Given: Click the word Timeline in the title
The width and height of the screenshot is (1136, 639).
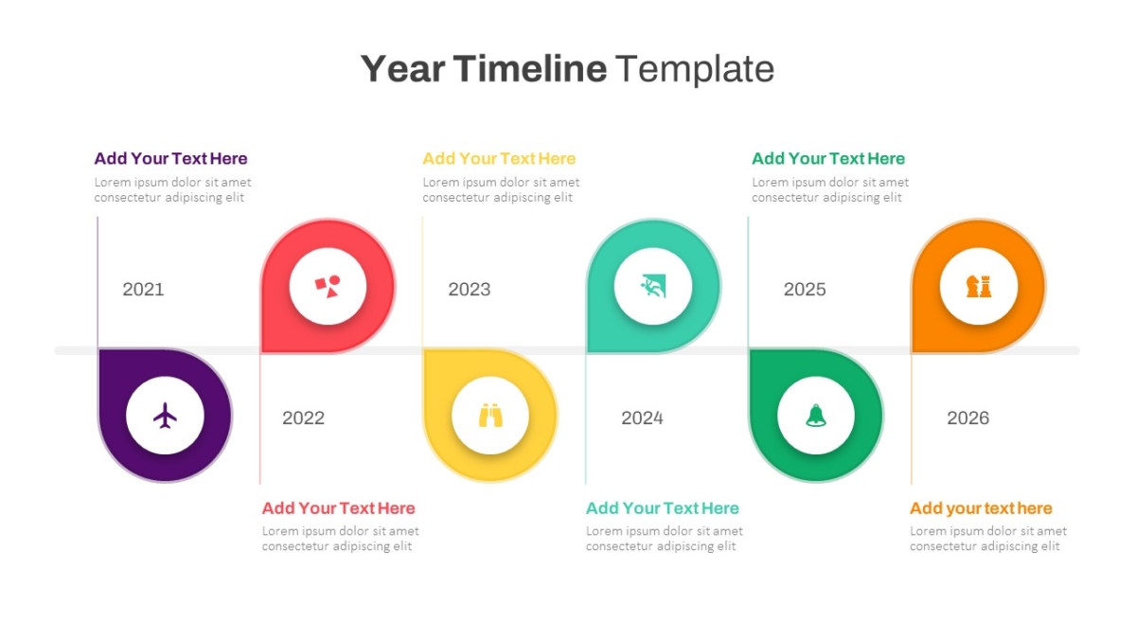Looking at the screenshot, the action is tap(529, 68).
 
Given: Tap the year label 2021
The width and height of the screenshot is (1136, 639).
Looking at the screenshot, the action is tap(143, 289).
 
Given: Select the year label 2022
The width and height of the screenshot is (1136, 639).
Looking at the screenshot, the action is tap(303, 417).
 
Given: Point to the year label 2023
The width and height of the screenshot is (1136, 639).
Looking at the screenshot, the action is tap(470, 289).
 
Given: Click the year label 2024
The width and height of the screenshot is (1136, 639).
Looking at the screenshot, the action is tap(642, 417).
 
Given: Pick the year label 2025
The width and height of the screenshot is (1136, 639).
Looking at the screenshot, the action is tap(805, 289).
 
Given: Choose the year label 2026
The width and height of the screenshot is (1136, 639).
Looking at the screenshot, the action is tap(968, 417).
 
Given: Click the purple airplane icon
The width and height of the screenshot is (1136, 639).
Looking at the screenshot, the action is tap(165, 416).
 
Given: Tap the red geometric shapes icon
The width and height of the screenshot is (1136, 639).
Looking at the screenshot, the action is tap(328, 287).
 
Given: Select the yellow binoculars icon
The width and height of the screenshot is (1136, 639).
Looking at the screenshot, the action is tap(490, 416).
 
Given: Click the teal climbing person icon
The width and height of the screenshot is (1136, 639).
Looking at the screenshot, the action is tap(653, 286).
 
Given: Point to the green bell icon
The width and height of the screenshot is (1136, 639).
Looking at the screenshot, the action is tap(816, 416).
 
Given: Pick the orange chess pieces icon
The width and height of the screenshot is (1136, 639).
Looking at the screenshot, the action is tap(979, 286).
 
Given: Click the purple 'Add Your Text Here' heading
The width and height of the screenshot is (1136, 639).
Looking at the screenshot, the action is tap(171, 159).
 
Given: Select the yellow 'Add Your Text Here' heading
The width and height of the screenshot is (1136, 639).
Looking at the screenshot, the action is tap(499, 159).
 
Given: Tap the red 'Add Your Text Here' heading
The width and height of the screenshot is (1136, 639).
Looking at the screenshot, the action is tap(338, 508).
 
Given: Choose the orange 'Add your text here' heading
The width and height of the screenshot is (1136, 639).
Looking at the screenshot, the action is tap(981, 508).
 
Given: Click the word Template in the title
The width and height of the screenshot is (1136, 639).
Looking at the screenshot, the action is tap(695, 69).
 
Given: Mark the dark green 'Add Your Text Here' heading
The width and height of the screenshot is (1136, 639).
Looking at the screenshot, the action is tap(828, 159).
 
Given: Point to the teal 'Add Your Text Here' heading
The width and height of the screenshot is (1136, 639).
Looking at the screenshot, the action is tap(663, 508).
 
